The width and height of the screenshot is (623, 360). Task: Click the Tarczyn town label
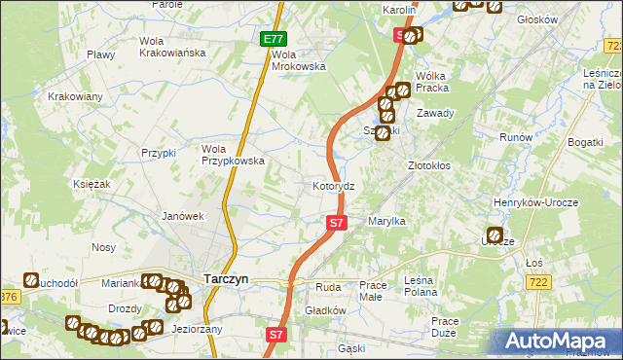pos(225,278)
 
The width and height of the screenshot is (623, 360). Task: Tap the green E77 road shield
pos(274,39)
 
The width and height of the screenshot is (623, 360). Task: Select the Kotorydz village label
pos(340,185)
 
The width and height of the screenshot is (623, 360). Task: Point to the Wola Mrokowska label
pos(298,60)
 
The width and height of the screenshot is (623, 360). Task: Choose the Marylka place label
pos(386,222)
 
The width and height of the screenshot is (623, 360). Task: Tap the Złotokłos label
pos(428,165)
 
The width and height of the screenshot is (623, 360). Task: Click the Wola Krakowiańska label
pos(172,47)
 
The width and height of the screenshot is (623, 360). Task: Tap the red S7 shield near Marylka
pos(336,223)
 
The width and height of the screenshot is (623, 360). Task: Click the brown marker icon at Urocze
pos(494,235)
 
